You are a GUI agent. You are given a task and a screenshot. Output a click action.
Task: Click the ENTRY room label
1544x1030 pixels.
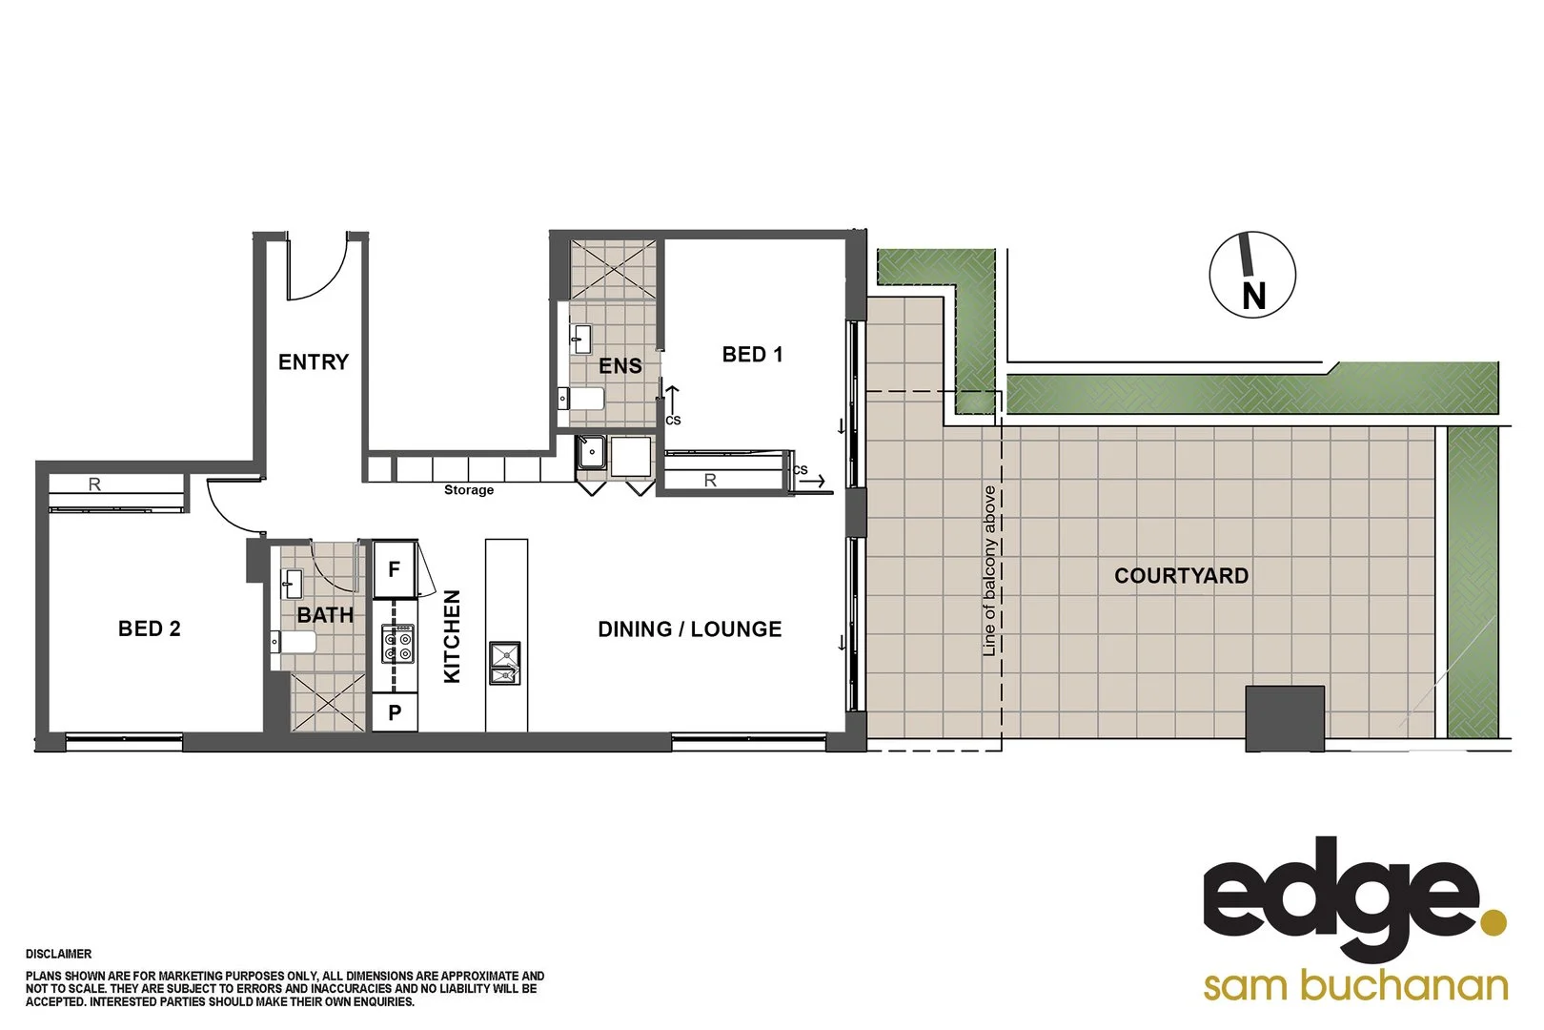(314, 362)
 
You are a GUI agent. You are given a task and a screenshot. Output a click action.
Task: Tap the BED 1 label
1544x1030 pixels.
(752, 355)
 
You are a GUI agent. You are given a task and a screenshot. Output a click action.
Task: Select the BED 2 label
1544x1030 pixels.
(150, 628)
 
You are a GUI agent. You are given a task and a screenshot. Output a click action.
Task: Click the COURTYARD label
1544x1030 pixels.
(1181, 576)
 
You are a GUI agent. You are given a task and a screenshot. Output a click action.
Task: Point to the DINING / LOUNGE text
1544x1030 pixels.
(689, 629)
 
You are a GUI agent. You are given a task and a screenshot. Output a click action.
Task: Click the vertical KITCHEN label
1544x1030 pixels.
(453, 636)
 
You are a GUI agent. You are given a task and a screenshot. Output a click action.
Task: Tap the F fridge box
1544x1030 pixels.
(395, 569)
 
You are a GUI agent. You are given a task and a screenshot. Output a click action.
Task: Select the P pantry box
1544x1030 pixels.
(395, 712)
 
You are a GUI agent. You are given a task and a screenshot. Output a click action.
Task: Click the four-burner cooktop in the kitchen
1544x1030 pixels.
(397, 644)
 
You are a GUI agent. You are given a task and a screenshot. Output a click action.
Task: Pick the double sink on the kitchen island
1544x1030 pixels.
(505, 664)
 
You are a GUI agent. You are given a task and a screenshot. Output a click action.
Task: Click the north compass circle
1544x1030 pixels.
(1252, 275)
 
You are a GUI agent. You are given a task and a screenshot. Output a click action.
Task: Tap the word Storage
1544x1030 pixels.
(469, 490)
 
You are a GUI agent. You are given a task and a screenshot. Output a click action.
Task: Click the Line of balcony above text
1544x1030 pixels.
(989, 570)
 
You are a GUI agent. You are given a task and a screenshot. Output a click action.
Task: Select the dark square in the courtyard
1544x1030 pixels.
(1285, 717)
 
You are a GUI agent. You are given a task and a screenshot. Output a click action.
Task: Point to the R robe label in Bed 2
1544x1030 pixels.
(94, 484)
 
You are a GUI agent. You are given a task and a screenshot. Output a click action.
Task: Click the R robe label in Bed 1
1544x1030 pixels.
(710, 481)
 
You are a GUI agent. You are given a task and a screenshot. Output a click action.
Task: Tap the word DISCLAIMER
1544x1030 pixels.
(59, 954)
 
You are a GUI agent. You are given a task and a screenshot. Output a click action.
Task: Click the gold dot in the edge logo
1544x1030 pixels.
(1493, 922)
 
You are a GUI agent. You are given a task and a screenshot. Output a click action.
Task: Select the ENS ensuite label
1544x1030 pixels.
(620, 366)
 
